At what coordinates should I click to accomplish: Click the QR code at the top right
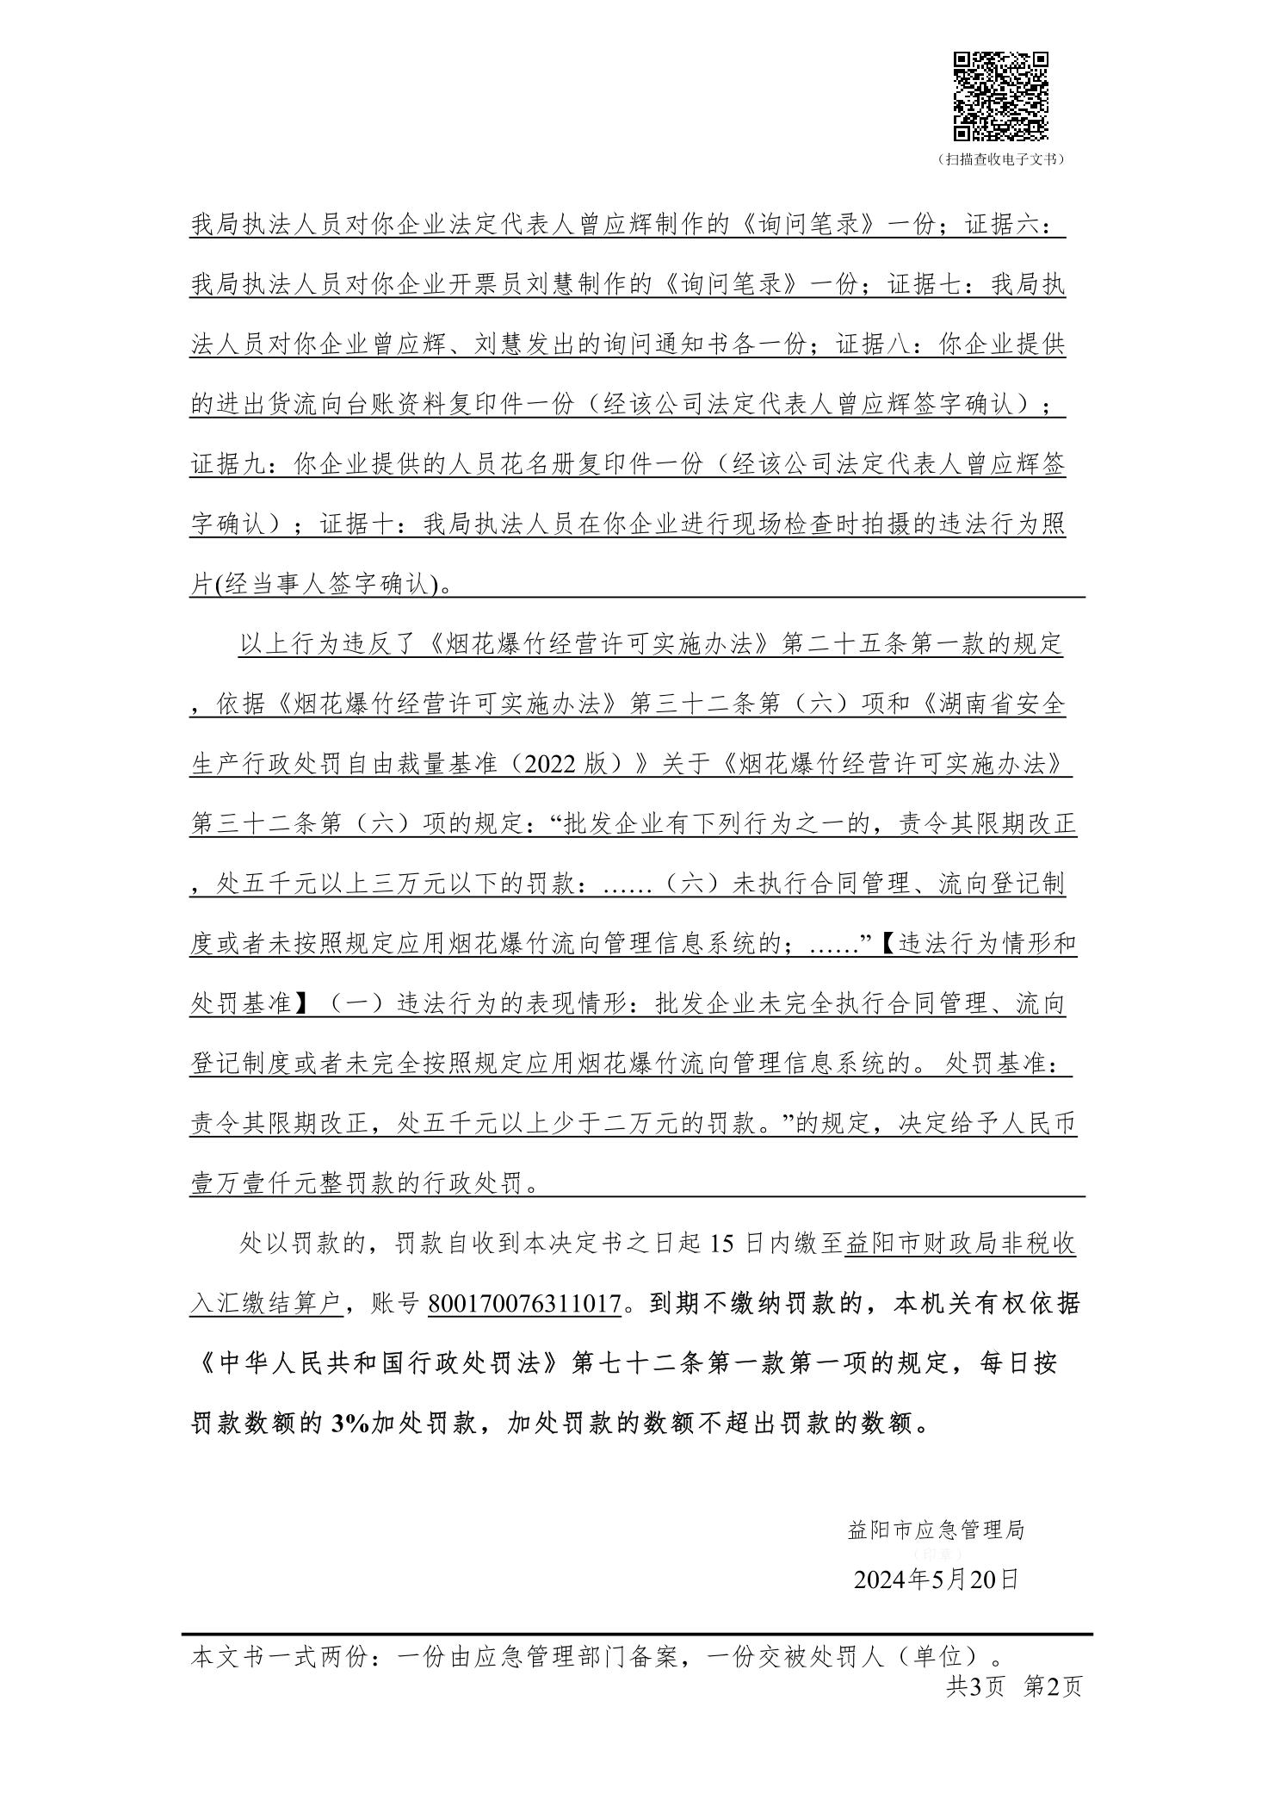(x=1000, y=96)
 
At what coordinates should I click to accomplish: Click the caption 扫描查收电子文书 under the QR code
(x=1000, y=159)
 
